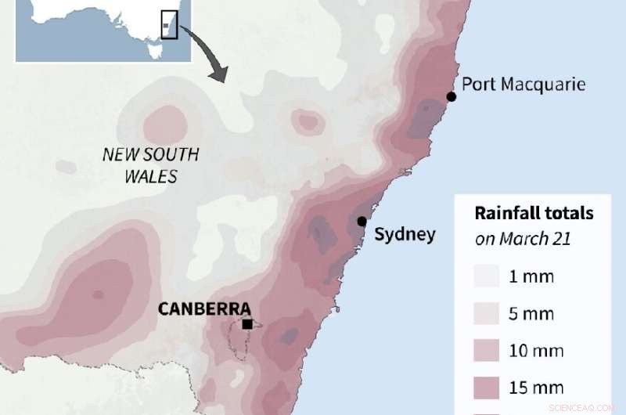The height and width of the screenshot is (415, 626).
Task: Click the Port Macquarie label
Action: point(523,84)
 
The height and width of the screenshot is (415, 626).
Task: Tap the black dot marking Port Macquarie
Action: point(452,96)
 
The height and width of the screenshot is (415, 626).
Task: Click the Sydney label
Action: point(405,234)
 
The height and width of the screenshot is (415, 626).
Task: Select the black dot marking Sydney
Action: point(362,222)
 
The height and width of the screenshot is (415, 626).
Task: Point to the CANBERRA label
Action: point(204,309)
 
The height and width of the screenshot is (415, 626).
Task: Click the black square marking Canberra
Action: point(247,324)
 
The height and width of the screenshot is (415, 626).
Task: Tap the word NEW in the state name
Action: point(122,154)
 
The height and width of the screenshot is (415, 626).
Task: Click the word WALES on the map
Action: point(151,176)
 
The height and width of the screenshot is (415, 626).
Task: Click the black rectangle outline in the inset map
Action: point(169,23)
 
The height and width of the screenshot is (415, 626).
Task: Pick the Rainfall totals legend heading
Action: point(534,213)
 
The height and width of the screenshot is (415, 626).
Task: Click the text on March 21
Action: point(523,238)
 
